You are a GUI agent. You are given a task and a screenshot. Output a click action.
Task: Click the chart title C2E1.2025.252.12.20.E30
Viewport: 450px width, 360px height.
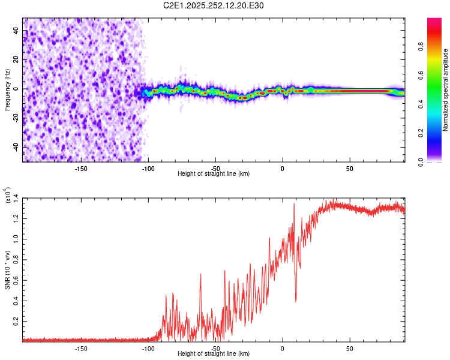click(x=214, y=5)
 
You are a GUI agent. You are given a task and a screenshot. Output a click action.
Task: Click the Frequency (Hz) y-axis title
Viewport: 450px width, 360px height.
click(x=7, y=90)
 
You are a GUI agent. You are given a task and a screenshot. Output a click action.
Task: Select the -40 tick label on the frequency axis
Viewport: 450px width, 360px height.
click(x=17, y=147)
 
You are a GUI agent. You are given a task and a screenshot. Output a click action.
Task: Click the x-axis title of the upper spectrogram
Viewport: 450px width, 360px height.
click(x=214, y=174)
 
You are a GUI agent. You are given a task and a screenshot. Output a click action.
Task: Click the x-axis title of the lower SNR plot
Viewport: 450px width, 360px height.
click(x=214, y=354)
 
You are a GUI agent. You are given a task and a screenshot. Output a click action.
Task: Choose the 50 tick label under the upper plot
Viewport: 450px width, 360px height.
click(x=350, y=168)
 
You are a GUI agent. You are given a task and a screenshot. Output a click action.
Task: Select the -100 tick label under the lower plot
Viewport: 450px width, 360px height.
click(x=148, y=348)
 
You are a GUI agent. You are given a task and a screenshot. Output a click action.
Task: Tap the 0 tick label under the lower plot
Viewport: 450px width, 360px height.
click(x=283, y=348)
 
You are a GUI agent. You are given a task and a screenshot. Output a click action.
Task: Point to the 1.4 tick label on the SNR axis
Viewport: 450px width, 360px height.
click(x=17, y=197)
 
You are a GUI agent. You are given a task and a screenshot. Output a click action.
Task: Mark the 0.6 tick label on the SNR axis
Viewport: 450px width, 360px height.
click(x=17, y=280)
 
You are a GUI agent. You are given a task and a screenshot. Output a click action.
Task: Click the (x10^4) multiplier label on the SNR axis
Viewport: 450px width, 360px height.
click(x=8, y=194)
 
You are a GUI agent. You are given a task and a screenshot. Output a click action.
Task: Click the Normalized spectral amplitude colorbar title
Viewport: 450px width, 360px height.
click(x=446, y=90)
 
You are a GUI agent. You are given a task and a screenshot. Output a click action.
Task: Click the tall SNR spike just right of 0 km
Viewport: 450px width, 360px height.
click(x=294, y=205)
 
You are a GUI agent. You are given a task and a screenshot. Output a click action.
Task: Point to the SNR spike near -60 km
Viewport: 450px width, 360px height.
click(x=201, y=275)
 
